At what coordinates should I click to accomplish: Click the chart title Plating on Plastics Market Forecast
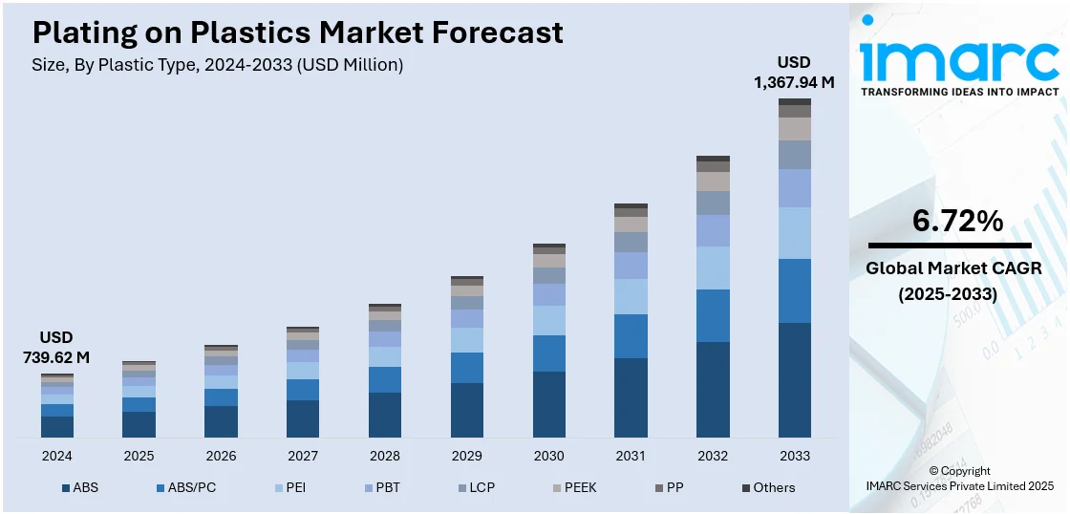[297, 33]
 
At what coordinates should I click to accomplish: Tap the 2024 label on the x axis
[57, 456]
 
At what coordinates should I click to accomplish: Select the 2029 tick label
[467, 456]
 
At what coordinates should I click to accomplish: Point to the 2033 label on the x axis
[795, 456]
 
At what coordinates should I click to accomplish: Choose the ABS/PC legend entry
[185, 487]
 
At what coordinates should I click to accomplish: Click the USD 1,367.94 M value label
[794, 73]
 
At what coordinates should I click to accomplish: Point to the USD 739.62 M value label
[56, 348]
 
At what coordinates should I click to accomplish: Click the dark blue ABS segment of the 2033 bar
[795, 380]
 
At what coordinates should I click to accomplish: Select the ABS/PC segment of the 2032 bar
[713, 315]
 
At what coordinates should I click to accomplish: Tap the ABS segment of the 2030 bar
[549, 404]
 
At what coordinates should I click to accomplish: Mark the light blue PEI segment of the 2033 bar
[795, 233]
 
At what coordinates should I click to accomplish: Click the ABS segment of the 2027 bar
[303, 418]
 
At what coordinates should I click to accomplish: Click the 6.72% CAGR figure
[957, 222]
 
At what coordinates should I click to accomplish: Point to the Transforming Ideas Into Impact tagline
[959, 92]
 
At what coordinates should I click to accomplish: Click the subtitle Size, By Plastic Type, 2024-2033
[218, 65]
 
